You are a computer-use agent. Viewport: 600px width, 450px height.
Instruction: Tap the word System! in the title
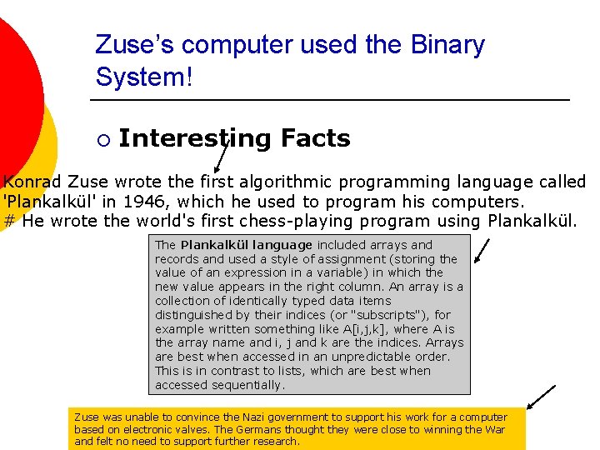143,77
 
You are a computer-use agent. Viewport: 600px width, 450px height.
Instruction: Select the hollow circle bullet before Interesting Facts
102,139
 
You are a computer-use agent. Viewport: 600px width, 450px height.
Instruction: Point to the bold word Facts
316,138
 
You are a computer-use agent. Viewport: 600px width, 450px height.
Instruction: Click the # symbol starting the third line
10,222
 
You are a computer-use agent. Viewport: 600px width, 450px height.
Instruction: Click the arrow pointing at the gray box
482,249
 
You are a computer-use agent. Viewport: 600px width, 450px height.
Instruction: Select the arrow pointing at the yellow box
542,397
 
